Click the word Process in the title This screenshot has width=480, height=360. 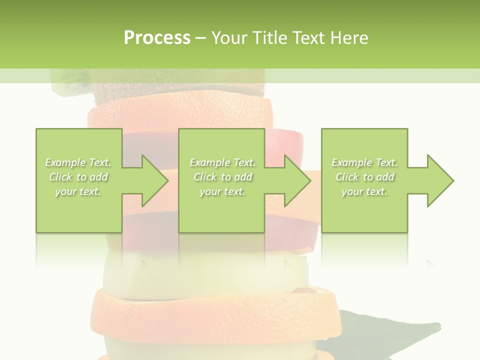(157, 38)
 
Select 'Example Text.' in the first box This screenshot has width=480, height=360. (78, 162)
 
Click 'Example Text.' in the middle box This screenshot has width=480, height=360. (222, 162)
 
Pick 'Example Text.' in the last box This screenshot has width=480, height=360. (364, 162)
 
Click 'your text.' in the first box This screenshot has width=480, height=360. (78, 191)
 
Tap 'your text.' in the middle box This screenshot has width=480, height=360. (222, 191)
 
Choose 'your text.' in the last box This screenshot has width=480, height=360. (364, 191)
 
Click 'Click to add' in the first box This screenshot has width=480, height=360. (78, 177)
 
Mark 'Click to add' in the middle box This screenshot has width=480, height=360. (222, 177)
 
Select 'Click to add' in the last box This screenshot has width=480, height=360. (364, 177)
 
